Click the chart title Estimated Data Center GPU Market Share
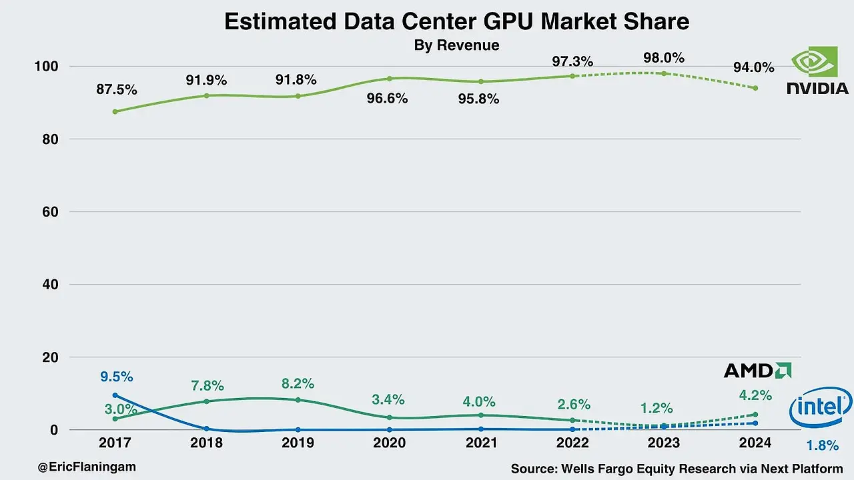[x=456, y=21]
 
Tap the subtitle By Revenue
[x=456, y=45]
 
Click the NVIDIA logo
[x=817, y=71]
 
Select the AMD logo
[x=757, y=371]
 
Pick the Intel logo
[x=820, y=409]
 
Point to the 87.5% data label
[x=116, y=89]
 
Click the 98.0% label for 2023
[x=663, y=58]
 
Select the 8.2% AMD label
[x=297, y=384]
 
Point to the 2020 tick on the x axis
[x=390, y=443]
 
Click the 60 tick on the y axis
[x=51, y=212]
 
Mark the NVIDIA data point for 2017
[x=115, y=111]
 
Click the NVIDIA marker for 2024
[x=755, y=88]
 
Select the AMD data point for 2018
[x=207, y=401]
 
